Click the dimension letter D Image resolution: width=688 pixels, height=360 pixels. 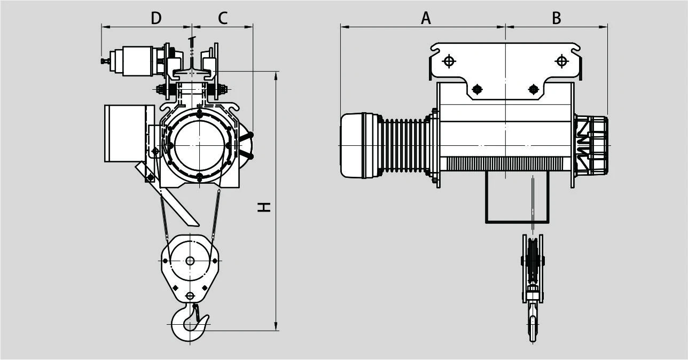pos(156,18)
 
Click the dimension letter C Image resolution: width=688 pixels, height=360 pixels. pos(223,18)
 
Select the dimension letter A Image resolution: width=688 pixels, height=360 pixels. pos(426,18)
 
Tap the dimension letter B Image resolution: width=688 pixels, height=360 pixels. pos(557,18)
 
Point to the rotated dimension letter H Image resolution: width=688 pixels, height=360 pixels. pos(264,207)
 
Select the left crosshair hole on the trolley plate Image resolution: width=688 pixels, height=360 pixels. pos(449,61)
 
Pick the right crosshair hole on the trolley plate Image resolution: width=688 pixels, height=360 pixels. pos(562,61)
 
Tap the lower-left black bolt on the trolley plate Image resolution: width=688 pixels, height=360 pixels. pos(477,89)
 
